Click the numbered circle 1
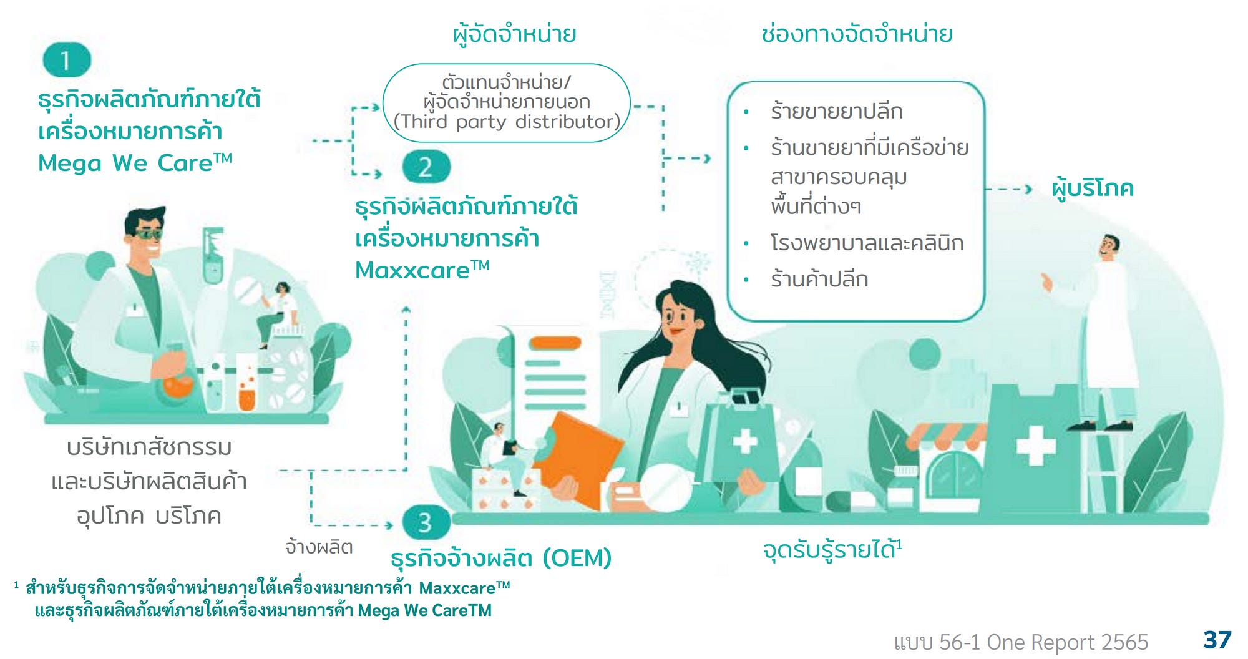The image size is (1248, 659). coord(67,60)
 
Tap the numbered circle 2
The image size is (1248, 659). coord(426,167)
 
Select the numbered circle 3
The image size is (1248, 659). coord(426,522)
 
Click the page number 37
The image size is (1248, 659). coord(1217,640)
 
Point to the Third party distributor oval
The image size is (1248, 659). coord(506,102)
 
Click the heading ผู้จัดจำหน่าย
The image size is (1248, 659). coord(514,34)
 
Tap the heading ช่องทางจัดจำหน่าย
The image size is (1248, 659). coord(856,34)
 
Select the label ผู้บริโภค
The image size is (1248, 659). coord(1092,188)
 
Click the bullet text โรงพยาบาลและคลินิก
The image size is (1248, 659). coord(867,243)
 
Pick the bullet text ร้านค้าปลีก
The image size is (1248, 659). coord(819,279)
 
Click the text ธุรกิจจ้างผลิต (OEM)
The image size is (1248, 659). coord(501,558)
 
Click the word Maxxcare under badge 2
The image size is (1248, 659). coord(412,270)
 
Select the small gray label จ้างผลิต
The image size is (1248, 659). coord(319,547)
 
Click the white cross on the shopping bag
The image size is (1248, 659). coord(744,441)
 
